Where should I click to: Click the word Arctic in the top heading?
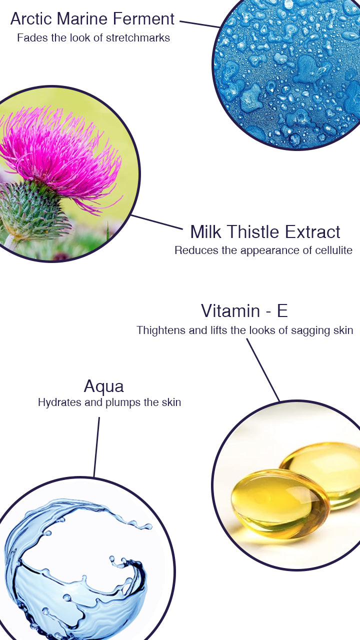(x=31, y=19)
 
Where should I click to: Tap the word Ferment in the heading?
(x=143, y=19)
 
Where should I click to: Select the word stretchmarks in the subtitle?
(x=137, y=38)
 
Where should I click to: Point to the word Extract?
(x=312, y=231)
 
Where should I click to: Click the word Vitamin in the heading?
(x=230, y=310)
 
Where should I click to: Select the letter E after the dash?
(x=282, y=310)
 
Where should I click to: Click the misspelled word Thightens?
(x=161, y=330)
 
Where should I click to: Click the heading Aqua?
(x=103, y=386)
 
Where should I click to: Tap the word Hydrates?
(x=59, y=402)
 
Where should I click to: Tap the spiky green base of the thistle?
(x=31, y=208)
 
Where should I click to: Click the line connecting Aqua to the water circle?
(x=96, y=447)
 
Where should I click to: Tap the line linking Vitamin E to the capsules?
(x=263, y=370)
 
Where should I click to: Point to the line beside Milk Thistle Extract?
(x=157, y=222)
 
